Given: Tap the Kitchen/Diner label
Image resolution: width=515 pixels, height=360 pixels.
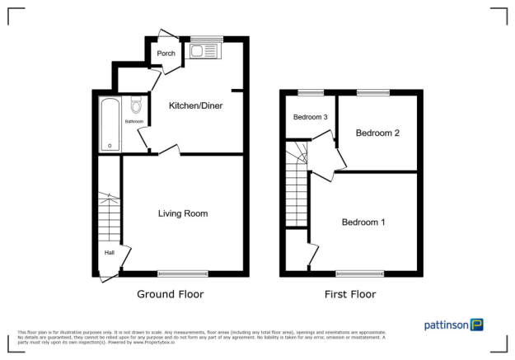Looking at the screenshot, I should click(x=195, y=105).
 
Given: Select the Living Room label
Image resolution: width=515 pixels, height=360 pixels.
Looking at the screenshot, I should click(x=183, y=213).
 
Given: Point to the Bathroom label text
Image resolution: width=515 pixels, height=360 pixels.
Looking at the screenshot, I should click(x=134, y=122).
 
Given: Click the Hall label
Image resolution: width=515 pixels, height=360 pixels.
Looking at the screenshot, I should click(x=109, y=253).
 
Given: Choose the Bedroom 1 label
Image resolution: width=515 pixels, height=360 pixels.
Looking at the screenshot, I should click(x=363, y=222).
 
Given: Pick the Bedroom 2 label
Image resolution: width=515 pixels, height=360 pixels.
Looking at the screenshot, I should click(x=377, y=133).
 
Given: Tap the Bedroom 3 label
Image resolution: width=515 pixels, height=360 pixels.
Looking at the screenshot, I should click(x=311, y=117).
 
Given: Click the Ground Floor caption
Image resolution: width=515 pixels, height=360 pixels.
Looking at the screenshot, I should click(x=171, y=294).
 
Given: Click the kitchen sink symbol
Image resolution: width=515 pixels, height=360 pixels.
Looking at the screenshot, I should click(x=201, y=52).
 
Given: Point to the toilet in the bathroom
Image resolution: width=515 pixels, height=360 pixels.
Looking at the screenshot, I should click(x=136, y=105).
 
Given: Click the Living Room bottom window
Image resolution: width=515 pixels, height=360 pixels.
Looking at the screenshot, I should click(x=183, y=273).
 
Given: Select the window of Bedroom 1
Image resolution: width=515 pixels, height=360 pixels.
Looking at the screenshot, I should click(x=359, y=273).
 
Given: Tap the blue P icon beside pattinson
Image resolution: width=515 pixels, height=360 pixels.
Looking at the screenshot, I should click(x=477, y=325).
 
